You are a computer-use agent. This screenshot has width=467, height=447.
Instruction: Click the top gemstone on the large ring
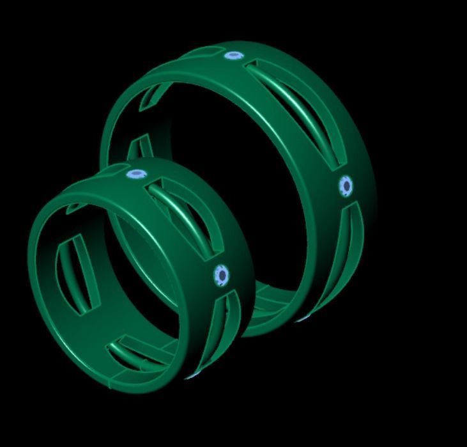pyautogui.click(x=234, y=56)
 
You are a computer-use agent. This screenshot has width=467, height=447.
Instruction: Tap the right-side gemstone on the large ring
pyautogui.click(x=346, y=186)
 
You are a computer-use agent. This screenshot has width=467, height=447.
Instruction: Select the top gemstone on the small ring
pyautogui.click(x=135, y=173)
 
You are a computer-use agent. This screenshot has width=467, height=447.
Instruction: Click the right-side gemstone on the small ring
pyautogui.click(x=221, y=275)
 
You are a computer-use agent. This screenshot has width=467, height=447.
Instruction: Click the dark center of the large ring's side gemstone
pyautogui.click(x=346, y=186)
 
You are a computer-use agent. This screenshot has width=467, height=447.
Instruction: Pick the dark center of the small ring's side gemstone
pyautogui.click(x=222, y=275)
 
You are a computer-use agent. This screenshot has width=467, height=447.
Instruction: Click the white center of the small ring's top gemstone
pyautogui.click(x=134, y=173)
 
